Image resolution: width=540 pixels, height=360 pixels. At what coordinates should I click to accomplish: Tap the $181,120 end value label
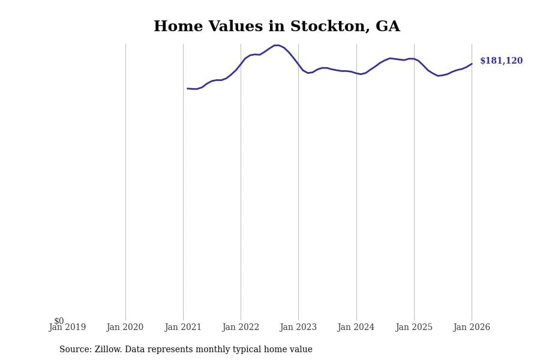[501, 61]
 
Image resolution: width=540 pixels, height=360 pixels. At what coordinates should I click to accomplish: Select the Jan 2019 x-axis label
[67, 328]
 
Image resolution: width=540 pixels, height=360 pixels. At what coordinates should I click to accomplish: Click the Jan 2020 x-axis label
[125, 328]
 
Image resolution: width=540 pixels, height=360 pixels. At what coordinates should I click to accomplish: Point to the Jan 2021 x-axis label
[183, 328]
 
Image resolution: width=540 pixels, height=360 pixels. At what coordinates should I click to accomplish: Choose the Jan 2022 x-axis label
[241, 328]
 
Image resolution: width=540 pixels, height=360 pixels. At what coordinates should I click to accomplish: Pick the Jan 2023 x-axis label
[298, 328]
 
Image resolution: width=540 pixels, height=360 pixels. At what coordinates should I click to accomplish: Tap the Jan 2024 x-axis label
[356, 328]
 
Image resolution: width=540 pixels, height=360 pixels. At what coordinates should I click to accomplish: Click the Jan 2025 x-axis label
[414, 328]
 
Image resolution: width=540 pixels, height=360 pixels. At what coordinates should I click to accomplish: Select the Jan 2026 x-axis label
[472, 328]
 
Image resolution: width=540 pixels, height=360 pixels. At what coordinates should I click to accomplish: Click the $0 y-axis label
[59, 321]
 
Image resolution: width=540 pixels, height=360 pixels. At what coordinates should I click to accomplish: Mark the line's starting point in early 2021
[188, 88]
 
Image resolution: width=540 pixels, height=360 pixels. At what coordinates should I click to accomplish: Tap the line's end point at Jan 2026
[472, 64]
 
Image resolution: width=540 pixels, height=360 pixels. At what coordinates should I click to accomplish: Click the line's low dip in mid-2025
[438, 76]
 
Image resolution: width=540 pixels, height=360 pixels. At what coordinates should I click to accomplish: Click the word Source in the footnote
[74, 350]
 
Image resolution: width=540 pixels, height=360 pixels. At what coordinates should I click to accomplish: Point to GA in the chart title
[388, 27]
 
